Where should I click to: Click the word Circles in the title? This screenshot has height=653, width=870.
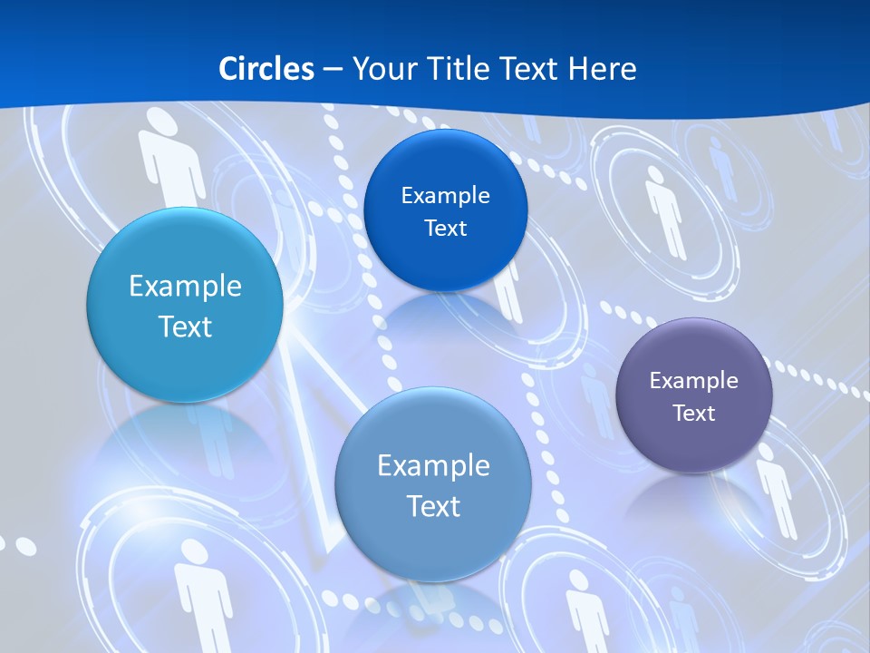pyautogui.click(x=266, y=69)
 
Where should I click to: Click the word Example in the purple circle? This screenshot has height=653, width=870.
pyautogui.click(x=694, y=381)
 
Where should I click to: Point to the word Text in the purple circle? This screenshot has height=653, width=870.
pyautogui.click(x=694, y=414)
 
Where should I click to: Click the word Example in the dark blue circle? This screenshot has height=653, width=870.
pyautogui.click(x=445, y=196)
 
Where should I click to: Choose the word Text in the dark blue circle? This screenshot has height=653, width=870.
pyautogui.click(x=445, y=229)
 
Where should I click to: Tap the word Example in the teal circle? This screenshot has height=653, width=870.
pyautogui.click(x=185, y=287)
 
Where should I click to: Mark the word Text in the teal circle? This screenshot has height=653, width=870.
pyautogui.click(x=185, y=326)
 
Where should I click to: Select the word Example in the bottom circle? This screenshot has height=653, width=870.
pyautogui.click(x=433, y=466)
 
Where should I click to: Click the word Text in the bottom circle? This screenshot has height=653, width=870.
pyautogui.click(x=433, y=506)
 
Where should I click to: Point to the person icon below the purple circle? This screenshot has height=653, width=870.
pyautogui.click(x=776, y=490)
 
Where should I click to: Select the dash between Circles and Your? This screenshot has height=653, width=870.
pyautogui.click(x=333, y=70)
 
